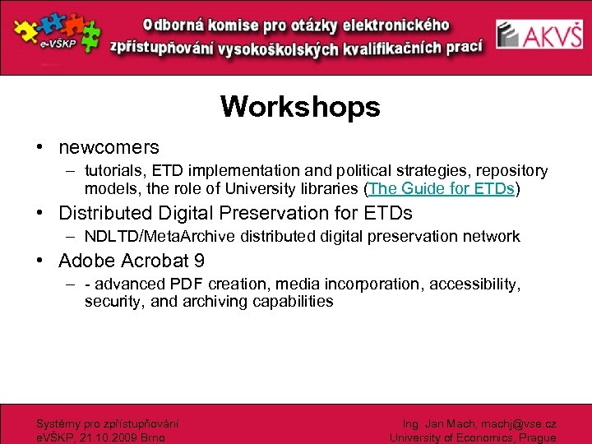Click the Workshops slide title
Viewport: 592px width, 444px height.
pyautogui.click(x=300, y=107)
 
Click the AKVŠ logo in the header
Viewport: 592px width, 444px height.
pyautogui.click(x=540, y=36)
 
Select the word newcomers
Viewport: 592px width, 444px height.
pyautogui.click(x=109, y=148)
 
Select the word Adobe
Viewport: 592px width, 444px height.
pyautogui.click(x=86, y=261)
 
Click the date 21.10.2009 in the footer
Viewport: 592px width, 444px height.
pyautogui.click(x=104, y=438)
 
